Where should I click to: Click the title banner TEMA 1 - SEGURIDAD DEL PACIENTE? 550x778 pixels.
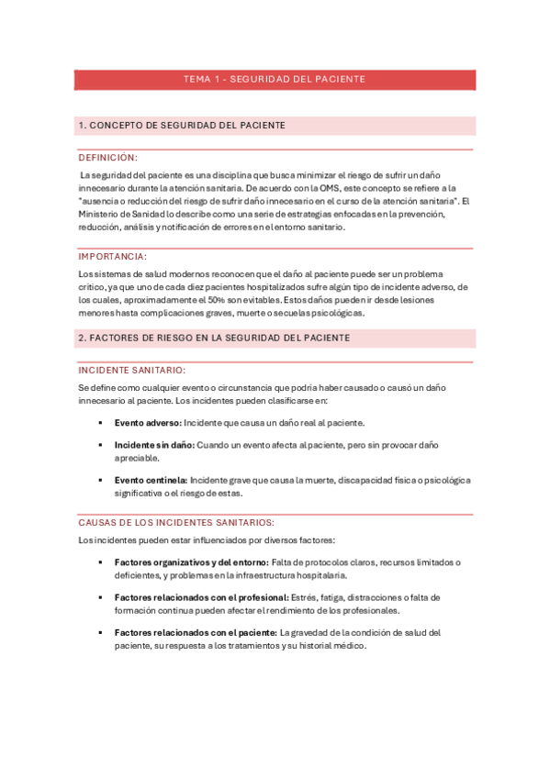tap(275, 79)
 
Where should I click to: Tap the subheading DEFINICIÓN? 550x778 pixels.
tap(107, 158)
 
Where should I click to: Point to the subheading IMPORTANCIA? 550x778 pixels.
tap(112, 257)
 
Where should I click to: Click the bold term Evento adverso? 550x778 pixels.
tap(148, 423)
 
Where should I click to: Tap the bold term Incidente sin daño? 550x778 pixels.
tap(153, 445)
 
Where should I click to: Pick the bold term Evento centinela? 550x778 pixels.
tap(151, 479)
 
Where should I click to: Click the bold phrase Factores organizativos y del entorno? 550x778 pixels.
tap(191, 561)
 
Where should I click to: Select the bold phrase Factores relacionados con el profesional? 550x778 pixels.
tap(196, 597)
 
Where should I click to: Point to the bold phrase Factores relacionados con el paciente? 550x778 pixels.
tap(195, 632)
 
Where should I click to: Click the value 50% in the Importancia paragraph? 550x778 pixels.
tap(241, 300)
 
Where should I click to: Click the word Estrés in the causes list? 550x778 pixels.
tap(305, 597)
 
